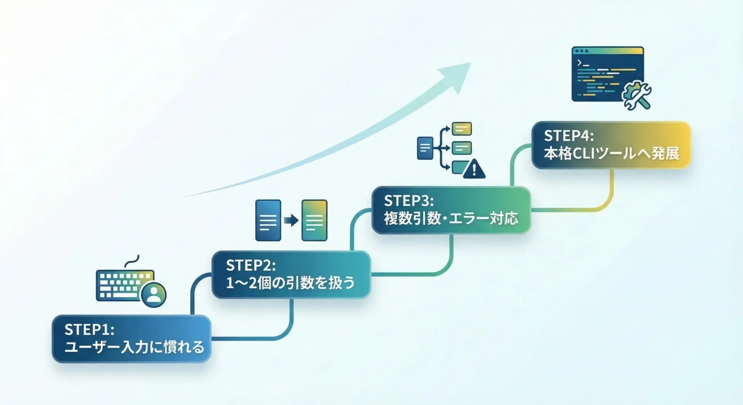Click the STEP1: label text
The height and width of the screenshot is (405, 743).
[x=89, y=330]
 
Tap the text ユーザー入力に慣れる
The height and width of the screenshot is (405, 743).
[x=134, y=347]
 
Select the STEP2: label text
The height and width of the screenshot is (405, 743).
[x=251, y=265]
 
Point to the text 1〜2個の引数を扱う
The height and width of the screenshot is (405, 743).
[x=290, y=283]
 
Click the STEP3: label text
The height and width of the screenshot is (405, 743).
[x=409, y=201]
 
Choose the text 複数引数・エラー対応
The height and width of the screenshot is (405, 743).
[x=451, y=219]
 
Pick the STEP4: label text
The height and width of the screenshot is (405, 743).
[x=568, y=136]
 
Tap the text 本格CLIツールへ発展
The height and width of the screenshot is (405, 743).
[x=611, y=154]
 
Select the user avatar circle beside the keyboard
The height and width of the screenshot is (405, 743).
[x=154, y=294]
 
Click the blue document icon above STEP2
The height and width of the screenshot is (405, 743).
[x=268, y=220]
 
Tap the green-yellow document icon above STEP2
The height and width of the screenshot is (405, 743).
[x=314, y=220]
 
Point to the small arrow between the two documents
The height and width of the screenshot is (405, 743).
[x=291, y=220]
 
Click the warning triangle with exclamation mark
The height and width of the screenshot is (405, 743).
[x=474, y=169]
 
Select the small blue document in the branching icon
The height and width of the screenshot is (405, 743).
[x=425, y=148]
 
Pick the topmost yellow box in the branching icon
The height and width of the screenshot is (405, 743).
[x=462, y=129]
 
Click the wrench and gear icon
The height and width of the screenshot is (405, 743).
[x=637, y=95]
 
